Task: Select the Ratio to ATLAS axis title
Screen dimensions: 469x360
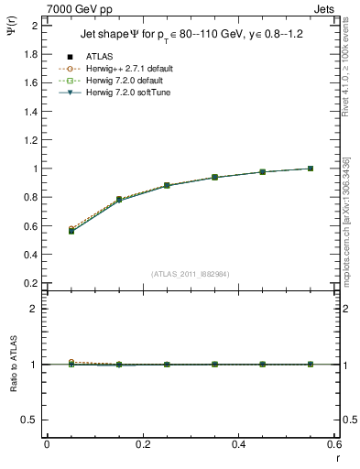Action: click(x=14, y=364)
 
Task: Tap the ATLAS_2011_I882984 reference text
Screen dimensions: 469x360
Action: click(x=191, y=274)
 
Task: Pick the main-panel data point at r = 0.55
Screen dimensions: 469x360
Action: click(x=311, y=169)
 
